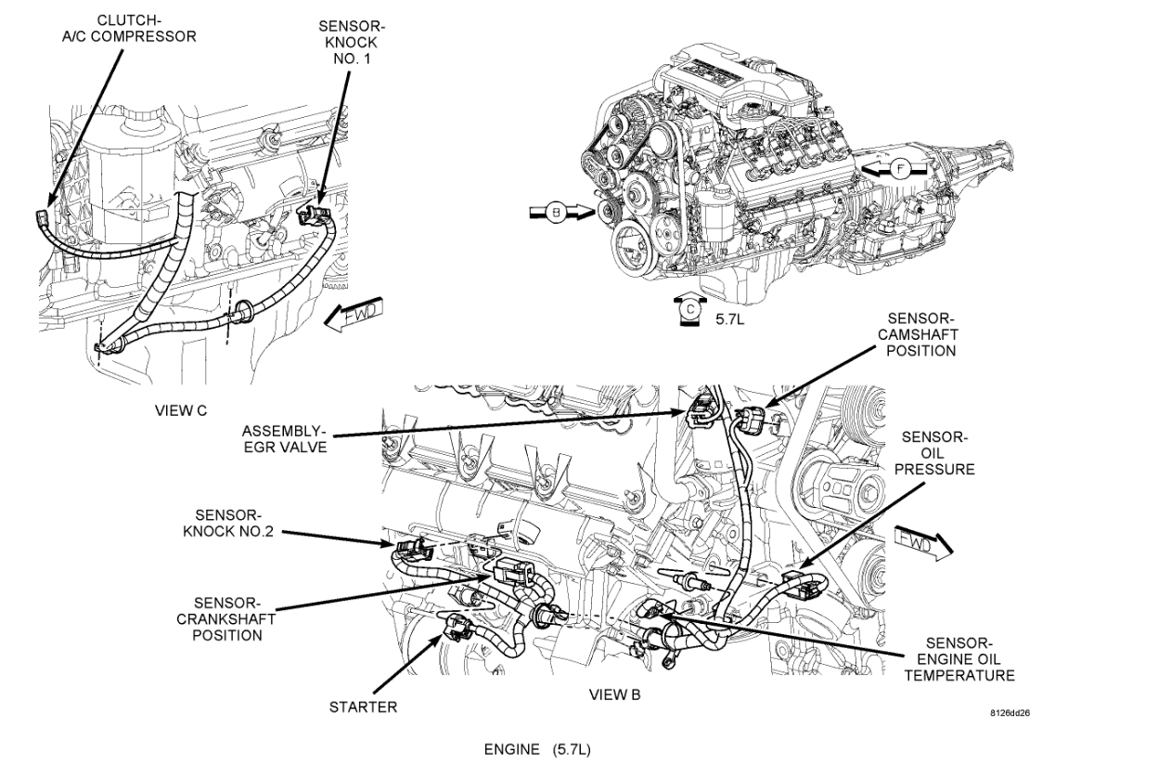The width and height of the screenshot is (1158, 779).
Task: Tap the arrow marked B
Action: (x=558, y=213)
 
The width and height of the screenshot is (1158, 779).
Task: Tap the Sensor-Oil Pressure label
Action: (x=937, y=453)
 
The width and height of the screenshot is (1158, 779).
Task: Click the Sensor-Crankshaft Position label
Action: (x=227, y=618)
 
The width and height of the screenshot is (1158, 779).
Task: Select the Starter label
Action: (x=363, y=708)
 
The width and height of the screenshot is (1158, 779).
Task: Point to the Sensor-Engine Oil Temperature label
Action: (x=959, y=659)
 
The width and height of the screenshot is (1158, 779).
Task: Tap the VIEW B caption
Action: (x=614, y=695)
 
